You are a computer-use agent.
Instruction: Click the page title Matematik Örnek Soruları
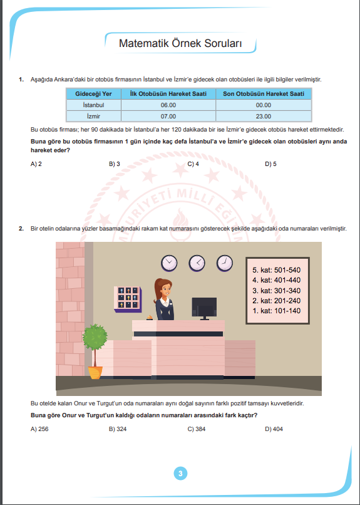coord(180,43)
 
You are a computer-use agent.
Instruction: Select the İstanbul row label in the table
coord(93,105)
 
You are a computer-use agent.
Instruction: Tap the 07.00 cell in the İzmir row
coord(168,117)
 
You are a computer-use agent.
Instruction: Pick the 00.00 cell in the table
coord(263,105)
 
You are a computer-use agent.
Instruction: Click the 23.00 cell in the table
coord(263,117)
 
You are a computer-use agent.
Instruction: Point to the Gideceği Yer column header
coord(93,94)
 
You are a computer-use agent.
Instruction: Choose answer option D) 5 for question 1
coord(270,164)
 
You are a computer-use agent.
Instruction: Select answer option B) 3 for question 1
coord(114,164)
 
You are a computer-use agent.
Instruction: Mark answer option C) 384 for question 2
coord(196,429)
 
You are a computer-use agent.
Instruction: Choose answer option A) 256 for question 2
coord(39,429)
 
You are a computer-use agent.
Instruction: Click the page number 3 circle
coord(180,474)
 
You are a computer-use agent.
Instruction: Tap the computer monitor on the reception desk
coord(204,308)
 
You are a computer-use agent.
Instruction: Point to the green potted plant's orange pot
coord(96,373)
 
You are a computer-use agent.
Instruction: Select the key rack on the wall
coord(128,299)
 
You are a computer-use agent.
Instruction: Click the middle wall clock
coord(197,263)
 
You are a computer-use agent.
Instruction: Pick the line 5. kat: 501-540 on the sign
coord(276,270)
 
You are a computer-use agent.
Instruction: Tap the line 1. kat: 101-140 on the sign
coord(276,311)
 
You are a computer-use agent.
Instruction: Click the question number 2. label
coord(21,229)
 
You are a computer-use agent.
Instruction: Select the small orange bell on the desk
coord(149,318)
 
